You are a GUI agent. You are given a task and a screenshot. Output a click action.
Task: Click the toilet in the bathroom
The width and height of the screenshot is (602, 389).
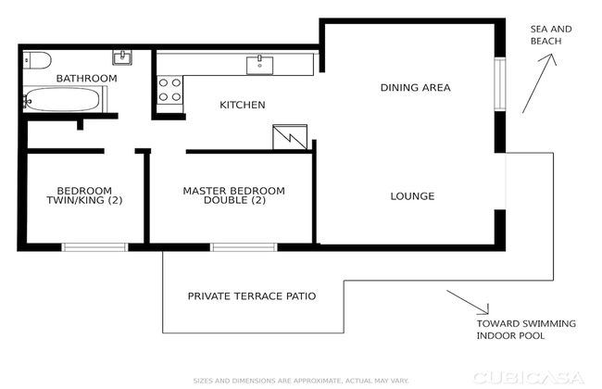coord(35,59)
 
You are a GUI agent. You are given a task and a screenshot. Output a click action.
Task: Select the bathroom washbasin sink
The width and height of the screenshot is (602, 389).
coord(121,57)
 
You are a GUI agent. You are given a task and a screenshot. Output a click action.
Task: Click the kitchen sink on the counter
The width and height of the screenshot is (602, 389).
coord(259,64)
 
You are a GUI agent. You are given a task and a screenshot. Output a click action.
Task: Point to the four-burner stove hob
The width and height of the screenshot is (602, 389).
coord(169,89)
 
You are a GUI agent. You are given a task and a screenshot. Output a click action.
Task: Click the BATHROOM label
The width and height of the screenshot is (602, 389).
coord(86,79)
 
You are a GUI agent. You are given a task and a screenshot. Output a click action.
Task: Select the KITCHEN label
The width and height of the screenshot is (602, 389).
coord(242,105)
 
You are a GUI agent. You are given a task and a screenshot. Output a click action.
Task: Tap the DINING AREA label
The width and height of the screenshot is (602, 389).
coord(415,88)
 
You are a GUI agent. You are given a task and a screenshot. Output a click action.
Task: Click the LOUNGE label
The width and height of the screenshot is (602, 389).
coord(412,195)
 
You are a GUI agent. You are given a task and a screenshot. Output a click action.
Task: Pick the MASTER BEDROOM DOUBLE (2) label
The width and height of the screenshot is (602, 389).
coord(233,195)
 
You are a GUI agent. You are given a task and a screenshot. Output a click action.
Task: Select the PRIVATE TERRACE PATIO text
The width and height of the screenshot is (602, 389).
coord(252,296)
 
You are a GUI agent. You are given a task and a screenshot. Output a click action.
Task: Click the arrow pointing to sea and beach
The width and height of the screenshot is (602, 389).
coord(537,83)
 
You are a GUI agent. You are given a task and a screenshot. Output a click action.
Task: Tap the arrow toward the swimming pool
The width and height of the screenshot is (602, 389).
coord(469,302)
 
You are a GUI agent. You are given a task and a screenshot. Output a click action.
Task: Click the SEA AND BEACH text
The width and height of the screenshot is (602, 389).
coord(550,36)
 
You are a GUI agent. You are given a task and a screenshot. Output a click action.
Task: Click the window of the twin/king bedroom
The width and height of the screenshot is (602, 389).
coord(94,246)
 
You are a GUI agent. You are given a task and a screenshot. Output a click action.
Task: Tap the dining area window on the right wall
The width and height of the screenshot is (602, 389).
coord(499,87)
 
